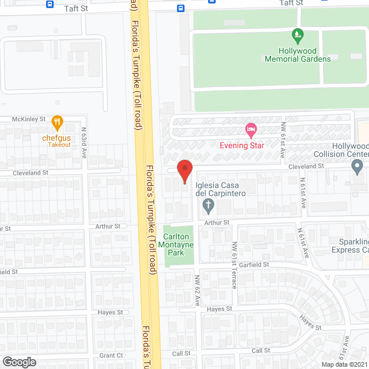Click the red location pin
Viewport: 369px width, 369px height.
[x=184, y=171]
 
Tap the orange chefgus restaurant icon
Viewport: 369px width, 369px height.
[x=57, y=122]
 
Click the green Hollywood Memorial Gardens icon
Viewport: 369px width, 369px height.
[x=298, y=36]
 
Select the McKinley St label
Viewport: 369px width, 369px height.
[x=29, y=119]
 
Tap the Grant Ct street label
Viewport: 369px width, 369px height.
[x=111, y=355]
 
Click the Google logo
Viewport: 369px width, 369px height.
[x=19, y=362]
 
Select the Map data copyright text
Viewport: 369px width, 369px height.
[x=344, y=364]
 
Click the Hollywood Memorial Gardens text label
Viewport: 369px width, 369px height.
[x=298, y=55]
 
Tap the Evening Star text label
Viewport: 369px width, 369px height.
[x=242, y=145]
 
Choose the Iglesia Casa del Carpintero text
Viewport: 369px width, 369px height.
[x=221, y=189]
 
